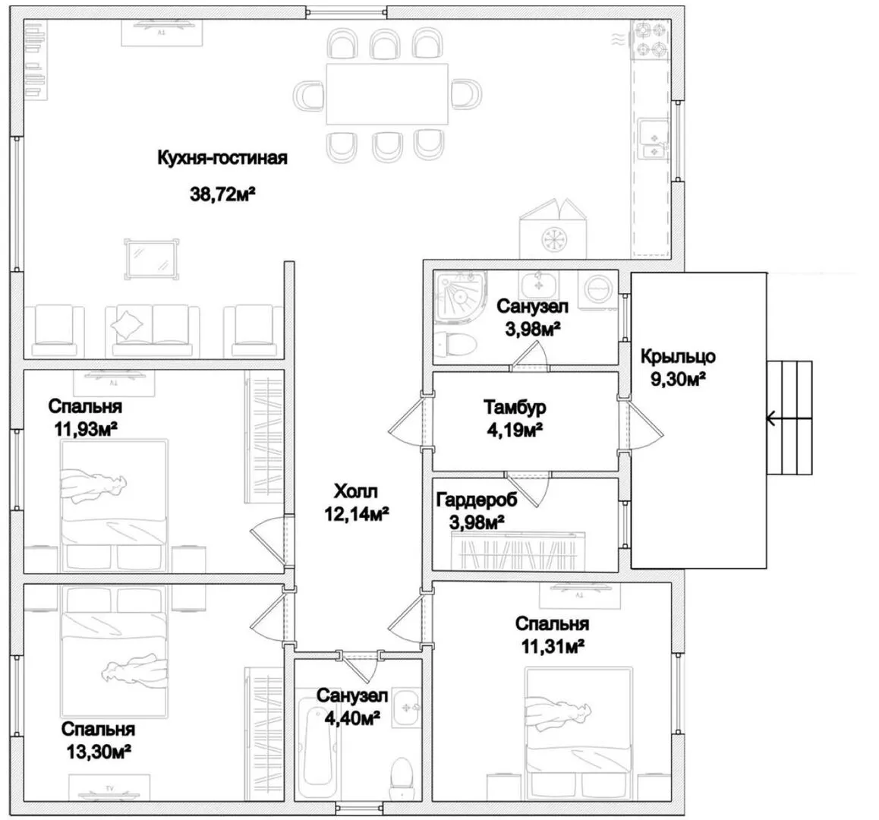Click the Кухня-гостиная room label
click(x=222, y=159)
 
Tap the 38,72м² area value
click(x=222, y=194)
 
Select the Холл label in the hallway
click(x=356, y=492)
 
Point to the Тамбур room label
click(x=515, y=407)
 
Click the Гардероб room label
click(x=477, y=500)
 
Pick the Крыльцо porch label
click(x=678, y=357)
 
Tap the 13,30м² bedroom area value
click(x=99, y=752)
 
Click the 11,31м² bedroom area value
click(x=553, y=647)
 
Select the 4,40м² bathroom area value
click(x=353, y=718)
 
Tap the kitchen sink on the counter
click(x=654, y=138)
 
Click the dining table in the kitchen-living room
click(x=387, y=93)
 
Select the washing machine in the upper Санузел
click(x=600, y=289)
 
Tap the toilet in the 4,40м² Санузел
click(x=402, y=778)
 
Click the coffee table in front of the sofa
click(x=151, y=260)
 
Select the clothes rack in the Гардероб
click(x=518, y=550)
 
